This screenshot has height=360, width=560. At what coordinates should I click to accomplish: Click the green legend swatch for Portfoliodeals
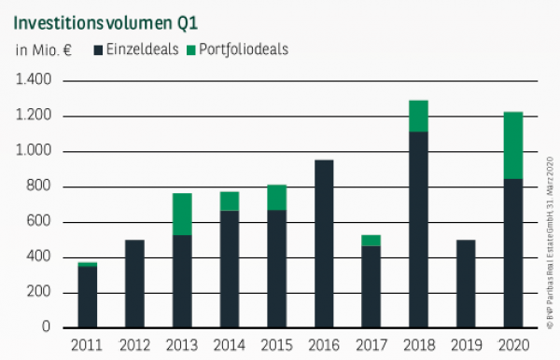pos(192,48)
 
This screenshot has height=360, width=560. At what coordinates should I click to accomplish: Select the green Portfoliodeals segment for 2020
pos(513,145)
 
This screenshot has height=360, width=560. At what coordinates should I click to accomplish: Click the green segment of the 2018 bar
pos(418,116)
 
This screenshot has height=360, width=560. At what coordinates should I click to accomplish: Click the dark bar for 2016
pos(323,243)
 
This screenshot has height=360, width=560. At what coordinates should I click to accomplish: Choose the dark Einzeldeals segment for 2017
pos(371,286)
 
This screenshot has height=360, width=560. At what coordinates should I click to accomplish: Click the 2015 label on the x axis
pos(275,345)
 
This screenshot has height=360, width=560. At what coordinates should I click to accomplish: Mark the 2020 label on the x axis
pos(513,345)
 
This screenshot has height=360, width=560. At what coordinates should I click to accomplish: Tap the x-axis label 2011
pos(86,345)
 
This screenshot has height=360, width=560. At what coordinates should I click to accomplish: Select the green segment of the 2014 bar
pos(229,201)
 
